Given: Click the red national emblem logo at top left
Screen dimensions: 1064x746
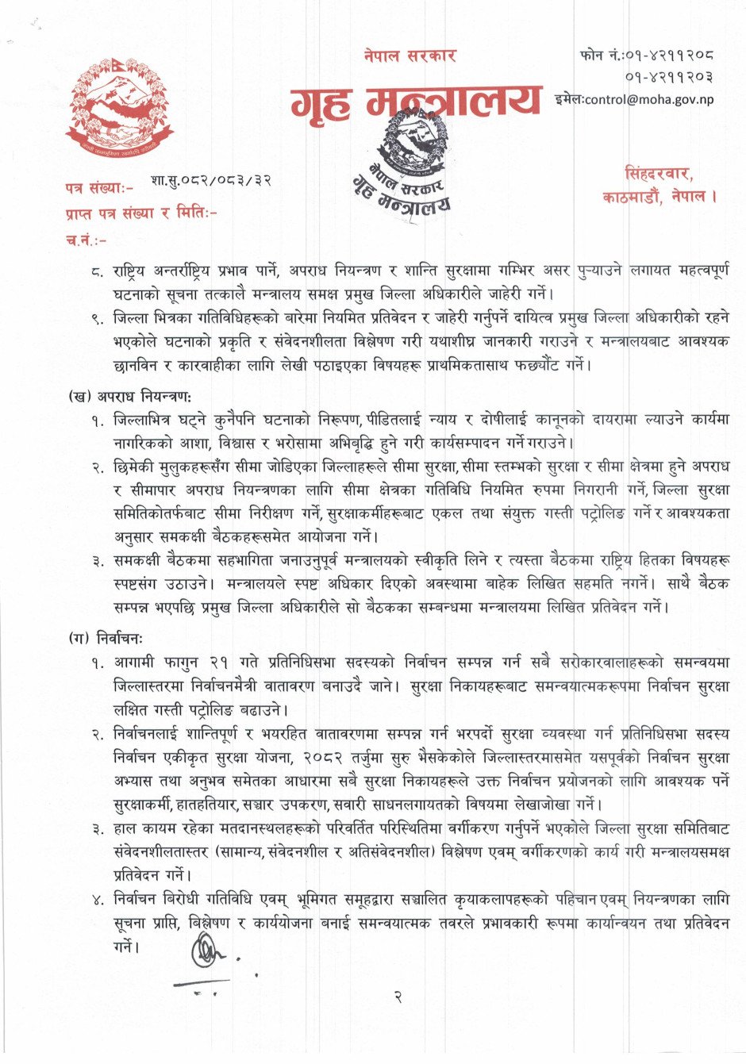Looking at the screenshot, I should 119,112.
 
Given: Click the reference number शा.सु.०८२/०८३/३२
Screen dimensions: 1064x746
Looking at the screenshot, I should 210,180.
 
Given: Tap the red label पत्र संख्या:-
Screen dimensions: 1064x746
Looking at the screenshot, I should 100,188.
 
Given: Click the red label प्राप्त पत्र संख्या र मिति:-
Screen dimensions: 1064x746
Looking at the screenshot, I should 141,213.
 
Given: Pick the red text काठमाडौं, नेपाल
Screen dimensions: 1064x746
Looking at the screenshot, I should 659,197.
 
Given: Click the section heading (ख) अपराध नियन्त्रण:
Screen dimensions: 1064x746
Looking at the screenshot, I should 130,394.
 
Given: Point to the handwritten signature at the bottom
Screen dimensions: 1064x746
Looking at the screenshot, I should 207,952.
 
